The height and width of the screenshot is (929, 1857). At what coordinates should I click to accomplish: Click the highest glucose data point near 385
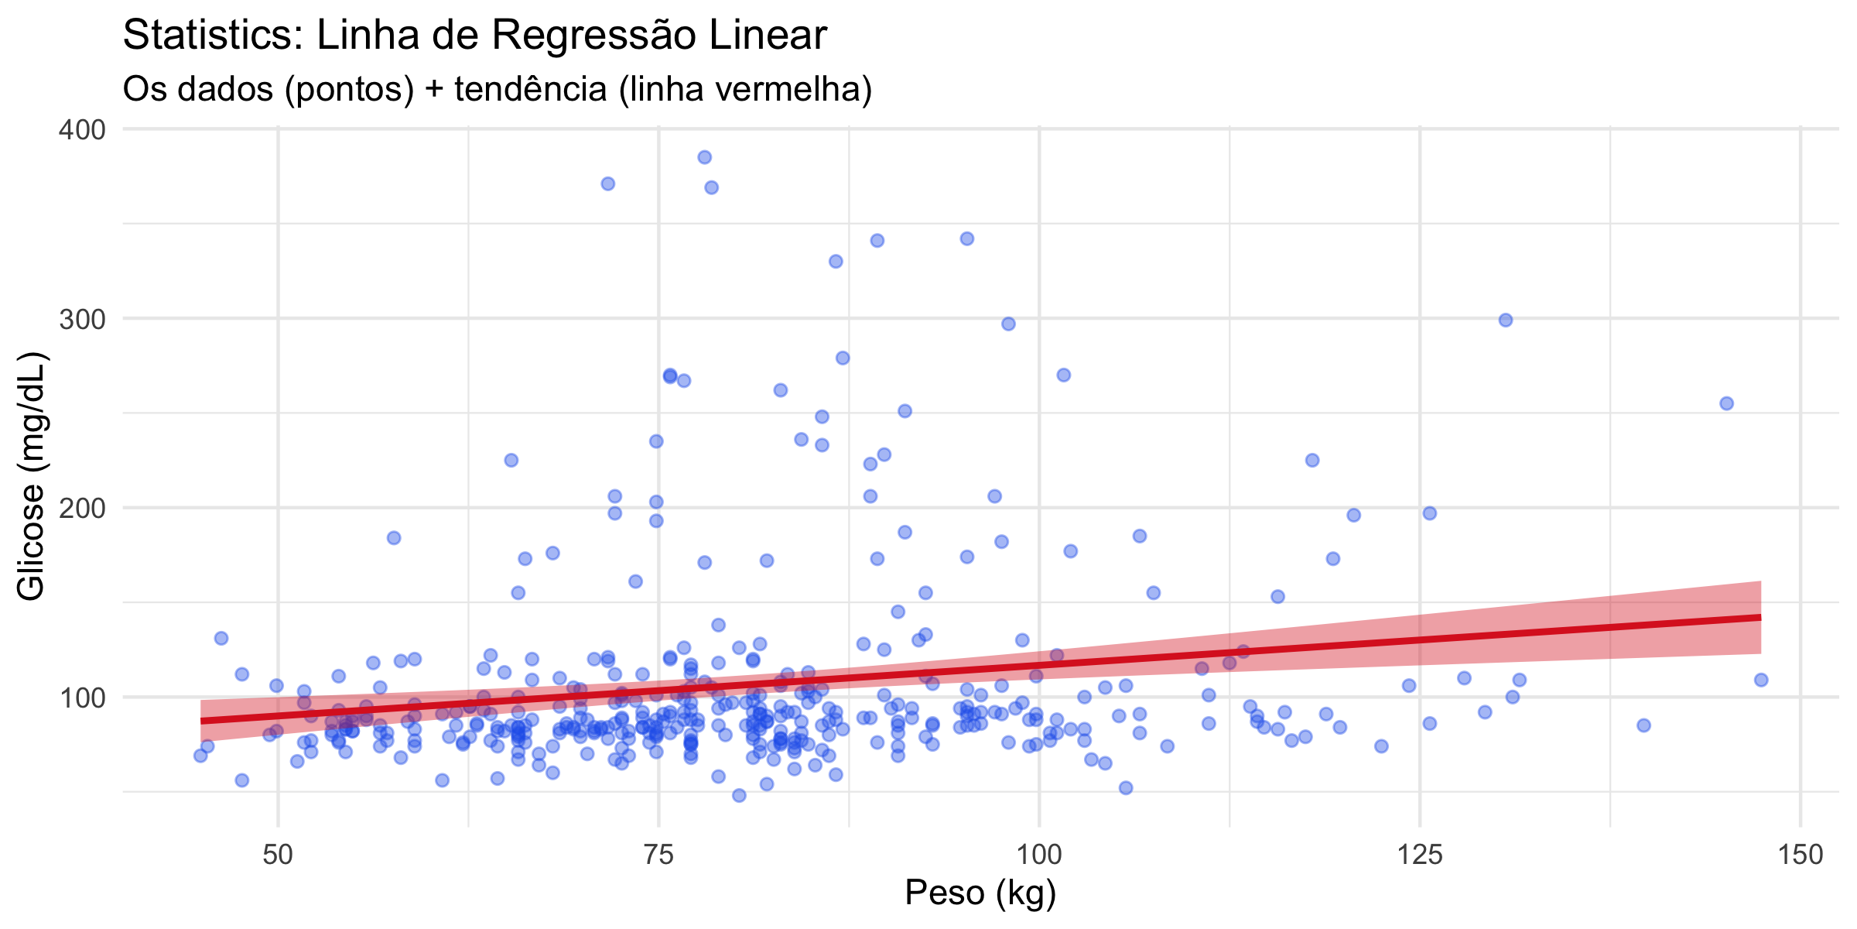(704, 157)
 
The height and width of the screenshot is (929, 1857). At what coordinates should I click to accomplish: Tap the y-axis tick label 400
(82, 129)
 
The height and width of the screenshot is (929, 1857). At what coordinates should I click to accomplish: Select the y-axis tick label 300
(82, 318)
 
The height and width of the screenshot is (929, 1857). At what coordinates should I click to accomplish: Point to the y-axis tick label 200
(82, 508)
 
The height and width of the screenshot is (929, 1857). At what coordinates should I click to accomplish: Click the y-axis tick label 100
(82, 698)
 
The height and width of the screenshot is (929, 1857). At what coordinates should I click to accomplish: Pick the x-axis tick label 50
(278, 855)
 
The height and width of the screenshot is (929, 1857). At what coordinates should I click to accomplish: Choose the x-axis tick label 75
(658, 855)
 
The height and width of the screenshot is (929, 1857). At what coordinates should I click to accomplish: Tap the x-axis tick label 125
(1419, 855)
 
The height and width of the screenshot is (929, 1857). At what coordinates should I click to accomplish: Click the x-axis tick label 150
(1800, 855)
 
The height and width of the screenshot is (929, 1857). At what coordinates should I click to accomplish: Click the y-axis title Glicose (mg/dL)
(32, 476)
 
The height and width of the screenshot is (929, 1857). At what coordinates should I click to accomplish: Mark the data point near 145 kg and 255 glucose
(1726, 403)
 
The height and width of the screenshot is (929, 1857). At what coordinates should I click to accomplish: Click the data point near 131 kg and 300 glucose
(1506, 320)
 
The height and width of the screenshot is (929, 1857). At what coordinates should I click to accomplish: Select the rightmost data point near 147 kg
(1761, 680)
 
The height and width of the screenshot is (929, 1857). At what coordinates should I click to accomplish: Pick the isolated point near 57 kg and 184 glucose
(394, 538)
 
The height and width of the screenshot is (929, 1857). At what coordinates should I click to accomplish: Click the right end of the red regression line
(1760, 617)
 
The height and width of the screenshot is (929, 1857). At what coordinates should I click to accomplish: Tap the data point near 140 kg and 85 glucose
(1643, 725)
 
